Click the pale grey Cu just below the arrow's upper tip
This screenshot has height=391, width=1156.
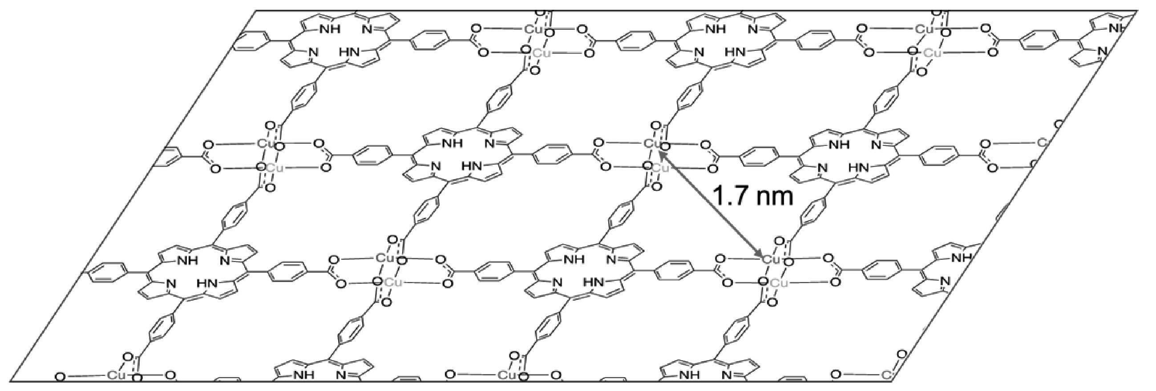coord(660,168)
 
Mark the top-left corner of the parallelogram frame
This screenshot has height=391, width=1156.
coord(256,10)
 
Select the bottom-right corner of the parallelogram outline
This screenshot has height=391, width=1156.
coord(894,382)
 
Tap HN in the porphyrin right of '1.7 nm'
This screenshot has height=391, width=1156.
coord(858,167)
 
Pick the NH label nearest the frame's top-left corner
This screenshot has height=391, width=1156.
coord(330,29)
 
